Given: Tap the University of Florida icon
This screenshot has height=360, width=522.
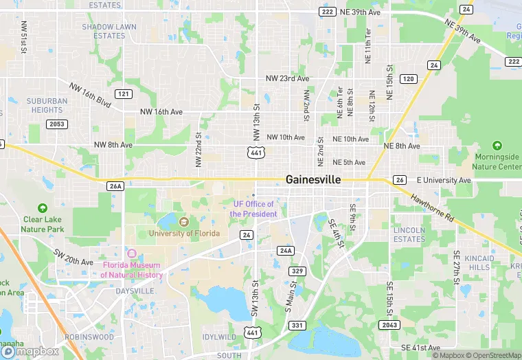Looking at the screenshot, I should tap(183, 222).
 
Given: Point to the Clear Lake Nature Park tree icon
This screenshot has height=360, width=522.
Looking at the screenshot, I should tap(43, 208).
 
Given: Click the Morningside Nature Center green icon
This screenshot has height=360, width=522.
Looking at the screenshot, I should tap(497, 146).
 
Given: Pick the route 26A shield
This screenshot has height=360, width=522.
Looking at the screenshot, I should tap(115, 185).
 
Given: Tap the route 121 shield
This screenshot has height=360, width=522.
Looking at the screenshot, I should tap(124, 93).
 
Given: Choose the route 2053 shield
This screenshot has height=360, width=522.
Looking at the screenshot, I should tap(56, 124).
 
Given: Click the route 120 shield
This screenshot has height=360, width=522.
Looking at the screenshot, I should tap(408, 79).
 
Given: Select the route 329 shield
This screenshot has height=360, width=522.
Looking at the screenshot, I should tap(297, 271).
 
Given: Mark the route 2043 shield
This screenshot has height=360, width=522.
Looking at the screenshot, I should tap(389, 324).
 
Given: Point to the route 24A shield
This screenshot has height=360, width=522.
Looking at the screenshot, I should tap(286, 251).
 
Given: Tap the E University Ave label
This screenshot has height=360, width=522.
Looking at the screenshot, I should tap(444, 180).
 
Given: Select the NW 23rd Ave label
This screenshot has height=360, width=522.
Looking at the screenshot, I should tap(288, 79).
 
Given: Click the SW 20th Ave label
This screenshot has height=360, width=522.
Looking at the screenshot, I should tap(73, 257).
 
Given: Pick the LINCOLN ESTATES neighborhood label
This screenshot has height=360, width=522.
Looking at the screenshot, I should tap(409, 234).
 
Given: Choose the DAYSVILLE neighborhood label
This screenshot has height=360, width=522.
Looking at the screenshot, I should tap(135, 291).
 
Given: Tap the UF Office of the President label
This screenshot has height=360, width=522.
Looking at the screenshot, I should tap(253, 209).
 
